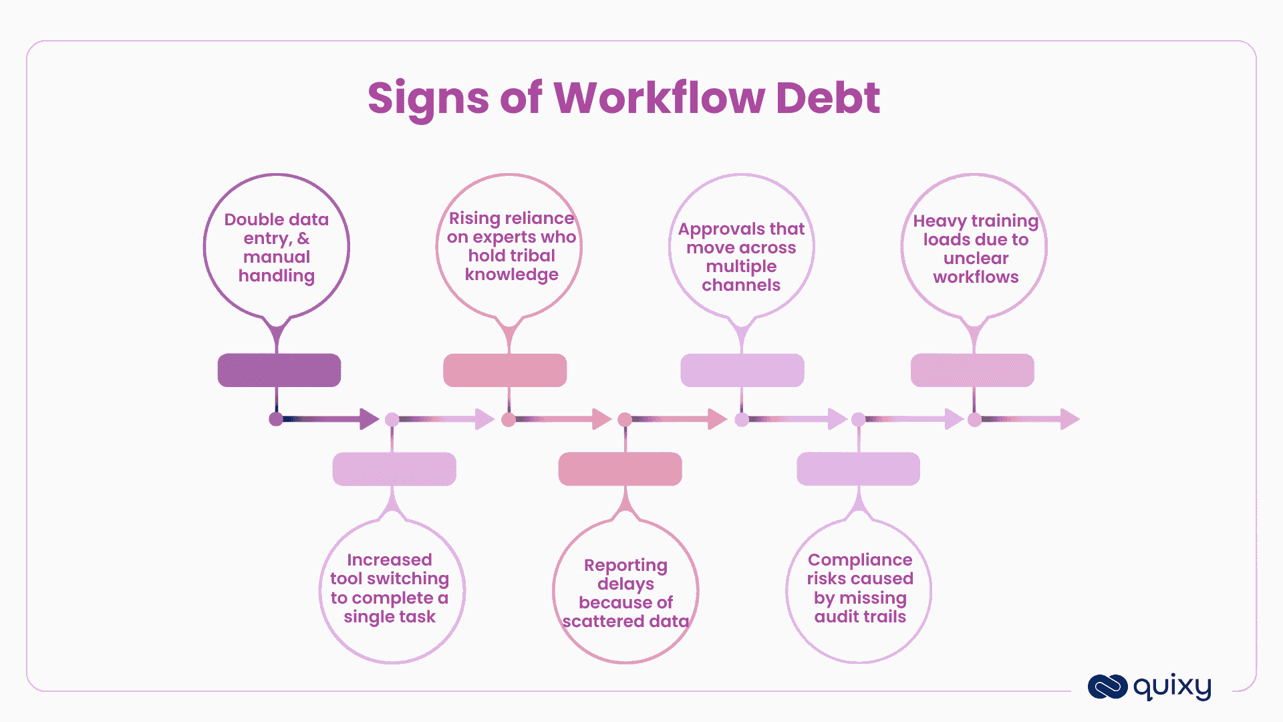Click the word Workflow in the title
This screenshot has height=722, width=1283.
pos(658,98)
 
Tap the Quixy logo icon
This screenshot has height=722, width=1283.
pos(1107,687)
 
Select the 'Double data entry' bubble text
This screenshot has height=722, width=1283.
pos(277,247)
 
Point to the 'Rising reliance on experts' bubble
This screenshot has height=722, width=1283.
pos(511,246)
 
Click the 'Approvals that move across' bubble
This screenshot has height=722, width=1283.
pos(741,257)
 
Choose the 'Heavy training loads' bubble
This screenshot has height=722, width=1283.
pos(976,249)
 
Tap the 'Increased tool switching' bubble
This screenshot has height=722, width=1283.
pos(390,588)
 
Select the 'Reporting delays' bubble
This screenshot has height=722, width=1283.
pos(625,593)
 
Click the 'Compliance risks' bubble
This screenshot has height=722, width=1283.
pos(860,588)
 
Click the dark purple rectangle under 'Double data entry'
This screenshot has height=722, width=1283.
pos(279,370)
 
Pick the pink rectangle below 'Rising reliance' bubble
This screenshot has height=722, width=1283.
pos(505,370)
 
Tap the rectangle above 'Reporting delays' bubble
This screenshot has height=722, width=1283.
pos(620,469)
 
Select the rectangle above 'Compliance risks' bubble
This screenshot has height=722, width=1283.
pos(858,469)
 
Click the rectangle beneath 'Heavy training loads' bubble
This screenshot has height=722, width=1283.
pos(972,370)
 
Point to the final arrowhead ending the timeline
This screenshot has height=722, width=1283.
pos(1069,419)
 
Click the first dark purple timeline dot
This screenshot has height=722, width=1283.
pos(276,419)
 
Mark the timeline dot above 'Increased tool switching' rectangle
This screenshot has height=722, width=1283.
pos(392,420)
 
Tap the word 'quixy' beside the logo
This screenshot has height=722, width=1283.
pos(1172,686)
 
